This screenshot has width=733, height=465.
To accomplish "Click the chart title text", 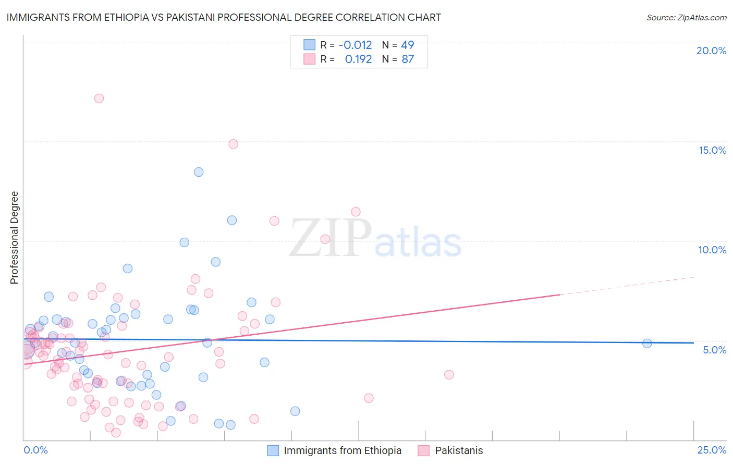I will (224, 17).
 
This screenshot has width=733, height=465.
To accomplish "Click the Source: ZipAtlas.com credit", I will (686, 17).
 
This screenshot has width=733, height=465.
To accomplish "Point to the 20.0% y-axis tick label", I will (711, 51).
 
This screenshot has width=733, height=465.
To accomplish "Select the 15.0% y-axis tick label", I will (712, 150).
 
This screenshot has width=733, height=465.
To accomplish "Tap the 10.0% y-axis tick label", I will (712, 250).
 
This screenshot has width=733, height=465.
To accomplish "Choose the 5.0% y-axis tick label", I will (714, 350).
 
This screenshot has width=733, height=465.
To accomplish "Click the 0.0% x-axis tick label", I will (35, 450).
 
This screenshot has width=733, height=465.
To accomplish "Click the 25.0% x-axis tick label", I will (712, 450).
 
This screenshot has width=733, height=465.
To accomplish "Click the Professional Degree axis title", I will (14, 238).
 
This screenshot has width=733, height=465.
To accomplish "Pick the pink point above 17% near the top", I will (99, 98).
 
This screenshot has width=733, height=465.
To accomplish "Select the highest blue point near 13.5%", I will (199, 172).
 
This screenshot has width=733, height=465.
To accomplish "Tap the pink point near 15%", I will (233, 144).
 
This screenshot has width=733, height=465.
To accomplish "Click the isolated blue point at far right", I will (647, 343).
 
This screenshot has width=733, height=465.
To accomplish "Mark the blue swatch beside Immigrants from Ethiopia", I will (273, 450).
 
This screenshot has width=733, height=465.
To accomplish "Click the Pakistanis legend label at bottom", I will (459, 450).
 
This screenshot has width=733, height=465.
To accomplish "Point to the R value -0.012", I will (355, 45).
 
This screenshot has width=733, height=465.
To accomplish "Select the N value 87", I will (408, 59).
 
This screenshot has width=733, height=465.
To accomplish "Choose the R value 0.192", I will (358, 59).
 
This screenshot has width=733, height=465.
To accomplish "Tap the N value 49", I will (408, 45).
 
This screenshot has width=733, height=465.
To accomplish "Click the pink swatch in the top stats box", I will (309, 59).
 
